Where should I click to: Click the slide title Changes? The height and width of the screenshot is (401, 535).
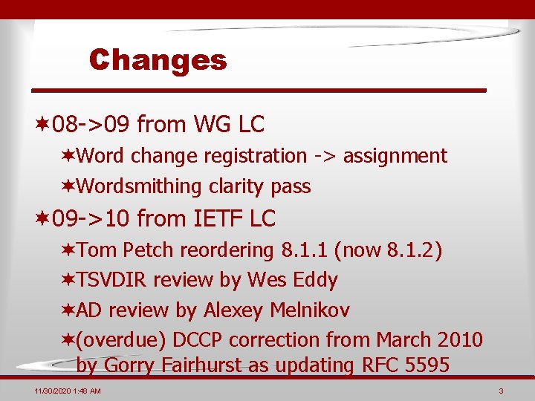pos(158,59)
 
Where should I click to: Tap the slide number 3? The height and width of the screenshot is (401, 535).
pos(502,391)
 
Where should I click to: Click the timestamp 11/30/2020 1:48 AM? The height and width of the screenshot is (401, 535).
pos(68,391)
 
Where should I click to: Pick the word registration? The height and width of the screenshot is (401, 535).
pos(253,156)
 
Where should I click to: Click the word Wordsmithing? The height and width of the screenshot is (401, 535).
pos(139,186)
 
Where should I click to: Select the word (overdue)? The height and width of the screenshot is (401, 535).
pos(122,339)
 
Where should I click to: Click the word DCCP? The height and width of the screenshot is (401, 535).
pos(199,339)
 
